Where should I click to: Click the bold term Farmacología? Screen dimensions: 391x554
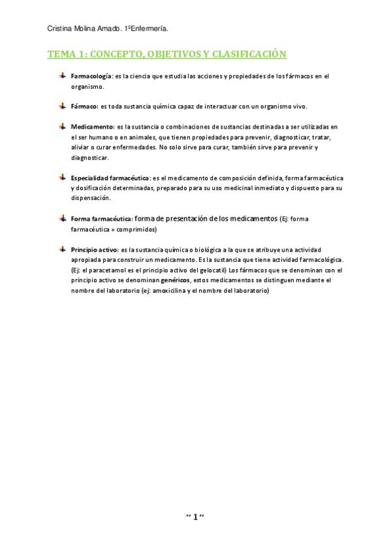(x=91, y=76)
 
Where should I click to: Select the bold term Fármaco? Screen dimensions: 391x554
(x=84, y=106)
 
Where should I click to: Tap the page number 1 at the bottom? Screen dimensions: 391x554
(x=195, y=517)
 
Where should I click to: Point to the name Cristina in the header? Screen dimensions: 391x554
(x=61, y=28)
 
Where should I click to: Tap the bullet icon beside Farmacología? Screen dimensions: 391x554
(x=62, y=76)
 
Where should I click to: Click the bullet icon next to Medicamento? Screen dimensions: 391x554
(x=62, y=125)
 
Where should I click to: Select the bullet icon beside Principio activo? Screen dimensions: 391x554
(x=62, y=249)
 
